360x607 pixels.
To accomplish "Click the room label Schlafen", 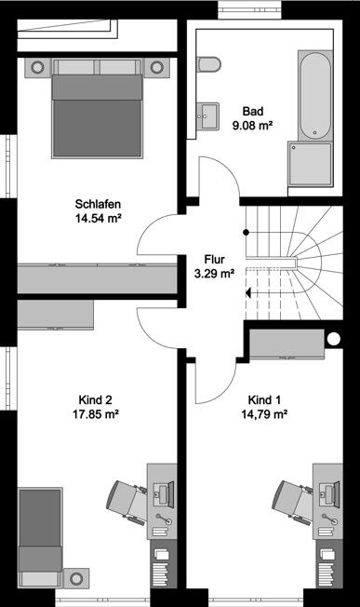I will click(99, 205).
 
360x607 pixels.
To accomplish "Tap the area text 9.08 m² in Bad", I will click(251, 124).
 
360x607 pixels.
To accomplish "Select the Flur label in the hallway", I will click(213, 260).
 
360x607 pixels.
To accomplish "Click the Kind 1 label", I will click(260, 395).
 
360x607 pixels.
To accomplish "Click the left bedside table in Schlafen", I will click(38, 67).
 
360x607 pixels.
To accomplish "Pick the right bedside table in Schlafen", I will click(156, 67).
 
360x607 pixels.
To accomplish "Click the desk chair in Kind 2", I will click(127, 502).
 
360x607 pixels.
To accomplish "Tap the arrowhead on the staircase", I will click(249, 292).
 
